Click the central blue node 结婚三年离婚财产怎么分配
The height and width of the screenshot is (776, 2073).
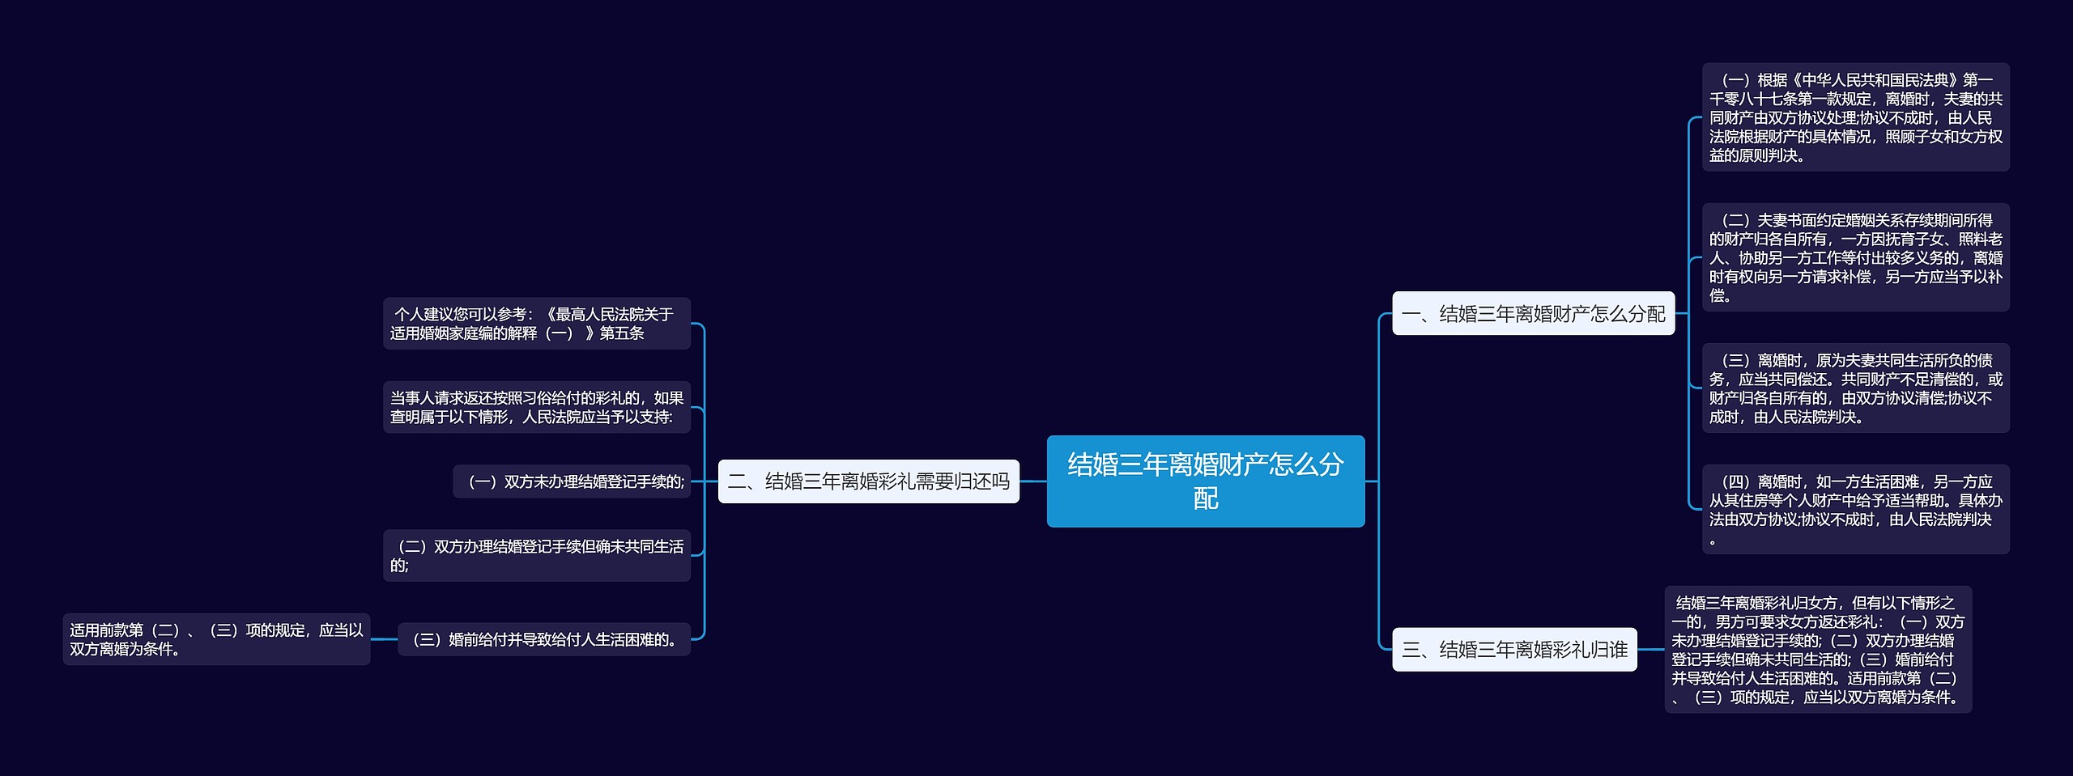[1205, 481]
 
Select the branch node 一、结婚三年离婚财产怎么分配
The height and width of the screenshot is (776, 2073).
[1533, 313]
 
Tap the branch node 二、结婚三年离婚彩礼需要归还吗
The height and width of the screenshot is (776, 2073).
[868, 481]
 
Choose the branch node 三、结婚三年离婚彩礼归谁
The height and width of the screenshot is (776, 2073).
[1514, 649]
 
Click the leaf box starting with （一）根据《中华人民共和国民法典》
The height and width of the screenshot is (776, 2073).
[1855, 117]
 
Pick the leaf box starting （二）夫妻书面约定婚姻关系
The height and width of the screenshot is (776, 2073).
[1855, 257]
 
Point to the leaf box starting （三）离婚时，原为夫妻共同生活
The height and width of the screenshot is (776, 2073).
[1855, 388]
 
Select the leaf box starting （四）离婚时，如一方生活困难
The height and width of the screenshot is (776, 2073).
[1855, 509]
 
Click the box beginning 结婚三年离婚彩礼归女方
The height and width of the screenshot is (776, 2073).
[1818, 649]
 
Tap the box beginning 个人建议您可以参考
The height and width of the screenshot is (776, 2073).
[536, 324]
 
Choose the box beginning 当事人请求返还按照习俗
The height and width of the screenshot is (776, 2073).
[536, 407]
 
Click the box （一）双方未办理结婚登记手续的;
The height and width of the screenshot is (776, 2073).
[572, 481]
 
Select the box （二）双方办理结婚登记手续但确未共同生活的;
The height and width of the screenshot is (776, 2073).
[536, 555]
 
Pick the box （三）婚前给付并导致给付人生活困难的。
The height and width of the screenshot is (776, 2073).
[544, 639]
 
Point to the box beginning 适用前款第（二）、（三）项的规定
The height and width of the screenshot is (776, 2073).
[216, 639]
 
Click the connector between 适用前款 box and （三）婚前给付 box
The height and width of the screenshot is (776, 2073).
[384, 639]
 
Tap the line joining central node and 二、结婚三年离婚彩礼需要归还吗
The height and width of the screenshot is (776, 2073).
[1032, 481]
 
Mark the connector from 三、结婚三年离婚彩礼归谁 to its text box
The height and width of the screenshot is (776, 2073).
[1650, 649]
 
